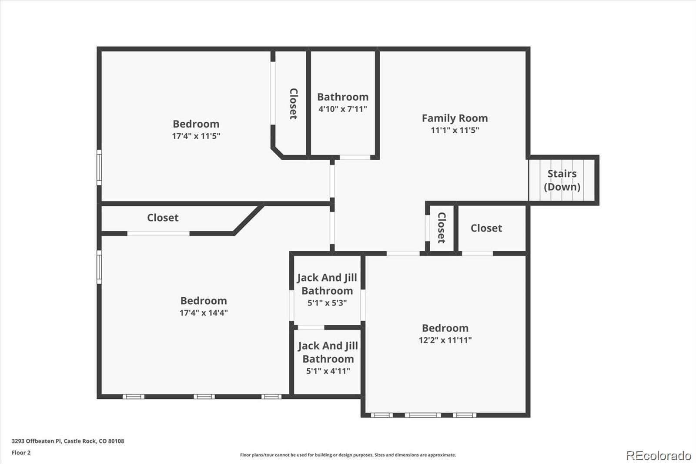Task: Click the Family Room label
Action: click(x=455, y=118)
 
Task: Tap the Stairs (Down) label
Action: click(x=562, y=180)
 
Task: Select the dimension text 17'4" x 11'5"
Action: click(x=196, y=136)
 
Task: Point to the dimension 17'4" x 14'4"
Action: click(x=204, y=313)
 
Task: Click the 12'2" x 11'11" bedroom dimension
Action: click(x=445, y=340)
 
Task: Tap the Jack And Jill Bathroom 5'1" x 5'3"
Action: click(x=327, y=289)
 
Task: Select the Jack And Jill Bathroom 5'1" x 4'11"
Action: click(x=328, y=358)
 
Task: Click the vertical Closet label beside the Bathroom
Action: click(x=294, y=104)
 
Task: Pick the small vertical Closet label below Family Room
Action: click(x=441, y=227)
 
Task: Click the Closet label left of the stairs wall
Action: click(x=486, y=228)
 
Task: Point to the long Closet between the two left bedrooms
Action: click(x=163, y=218)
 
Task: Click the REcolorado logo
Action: click(x=658, y=455)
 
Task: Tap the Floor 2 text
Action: click(x=21, y=453)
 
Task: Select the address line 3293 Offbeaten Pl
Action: click(x=68, y=441)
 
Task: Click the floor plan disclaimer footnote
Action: click(x=348, y=455)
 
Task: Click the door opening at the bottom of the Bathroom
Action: click(x=355, y=157)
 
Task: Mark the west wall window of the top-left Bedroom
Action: click(x=99, y=167)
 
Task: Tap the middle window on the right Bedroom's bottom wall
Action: click(x=422, y=415)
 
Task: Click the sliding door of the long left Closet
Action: click(x=158, y=234)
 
